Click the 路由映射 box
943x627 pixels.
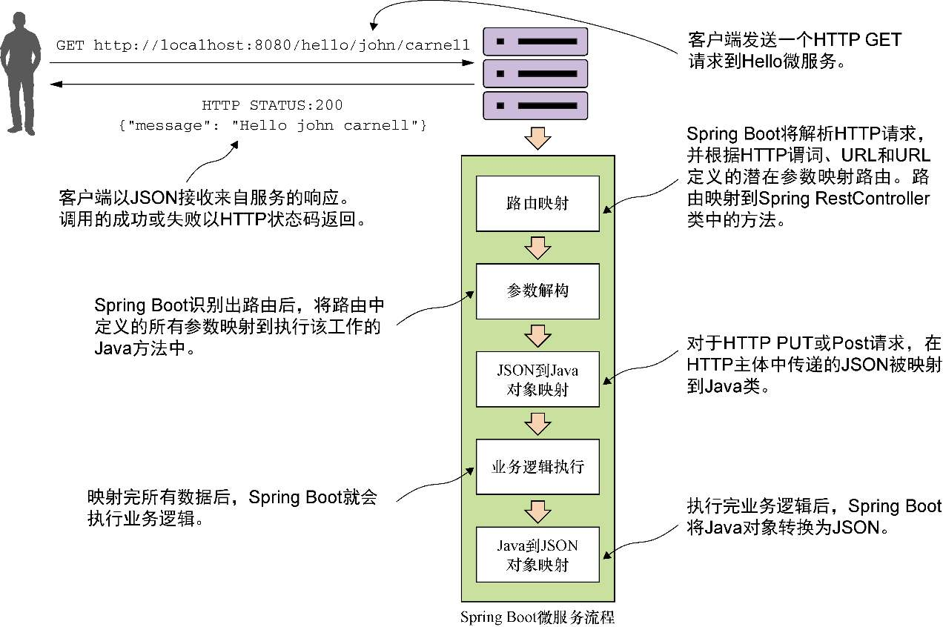537,203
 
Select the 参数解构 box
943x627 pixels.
537,291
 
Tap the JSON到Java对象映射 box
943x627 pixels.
537,379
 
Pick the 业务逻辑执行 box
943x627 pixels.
537,467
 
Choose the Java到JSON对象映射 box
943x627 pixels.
537,555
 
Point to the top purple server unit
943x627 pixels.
535,42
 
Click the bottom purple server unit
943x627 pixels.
535,105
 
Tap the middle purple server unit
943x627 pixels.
535,73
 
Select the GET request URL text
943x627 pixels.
262,46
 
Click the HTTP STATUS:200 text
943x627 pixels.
272,105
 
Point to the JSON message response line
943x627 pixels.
272,125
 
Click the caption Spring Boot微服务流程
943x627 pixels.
537,617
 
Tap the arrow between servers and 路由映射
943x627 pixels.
537,139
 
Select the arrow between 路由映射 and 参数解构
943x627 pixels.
537,247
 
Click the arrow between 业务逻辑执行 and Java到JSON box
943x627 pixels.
537,511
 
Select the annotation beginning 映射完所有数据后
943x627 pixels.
231,508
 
